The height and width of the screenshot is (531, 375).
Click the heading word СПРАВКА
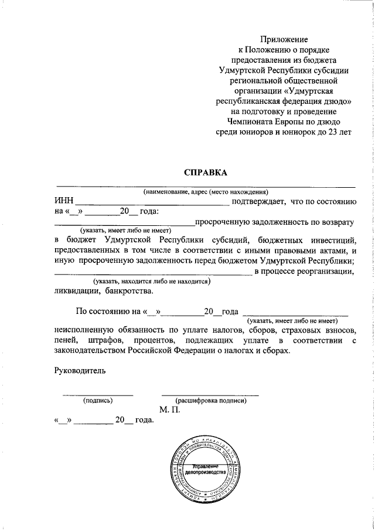click(x=205, y=173)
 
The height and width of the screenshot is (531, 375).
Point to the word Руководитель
click(x=79, y=370)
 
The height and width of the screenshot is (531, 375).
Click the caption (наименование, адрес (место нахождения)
click(x=206, y=192)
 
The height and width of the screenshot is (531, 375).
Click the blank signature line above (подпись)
click(x=98, y=394)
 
